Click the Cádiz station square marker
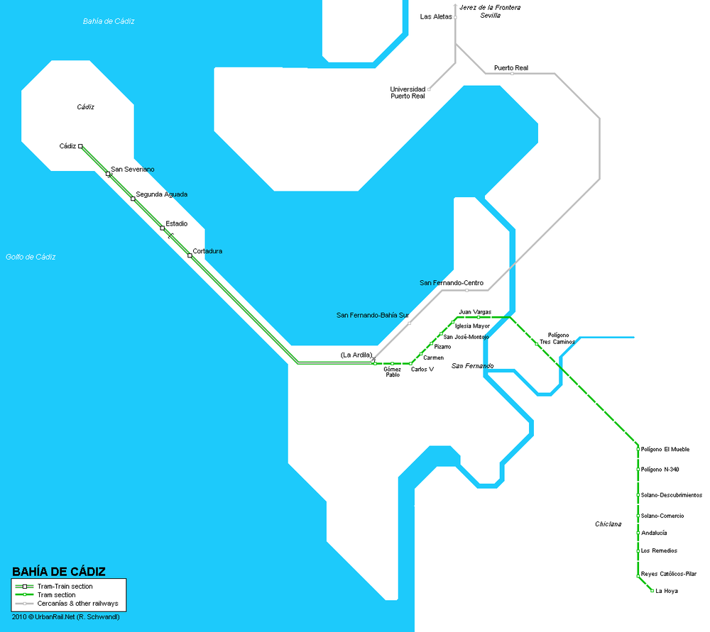coord(81,146)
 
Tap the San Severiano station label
coord(133,170)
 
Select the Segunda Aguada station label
coord(161,194)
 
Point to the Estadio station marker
coord(163,228)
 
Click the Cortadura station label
coord(207,251)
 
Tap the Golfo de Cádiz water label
coord(30,257)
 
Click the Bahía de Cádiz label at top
coord(109,21)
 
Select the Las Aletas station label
coord(436,16)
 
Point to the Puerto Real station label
coord(511,68)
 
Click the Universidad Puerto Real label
coord(408,92)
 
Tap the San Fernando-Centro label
coord(452,283)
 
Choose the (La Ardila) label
coord(356,355)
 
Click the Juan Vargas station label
coord(475,311)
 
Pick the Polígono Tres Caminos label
coord(558,338)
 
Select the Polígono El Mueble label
coord(665,449)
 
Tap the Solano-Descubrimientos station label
coord(671,495)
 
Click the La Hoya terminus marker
coord(652,590)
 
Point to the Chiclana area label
coord(608,524)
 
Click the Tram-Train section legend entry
coord(65,587)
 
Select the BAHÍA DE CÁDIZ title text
coord(59,571)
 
